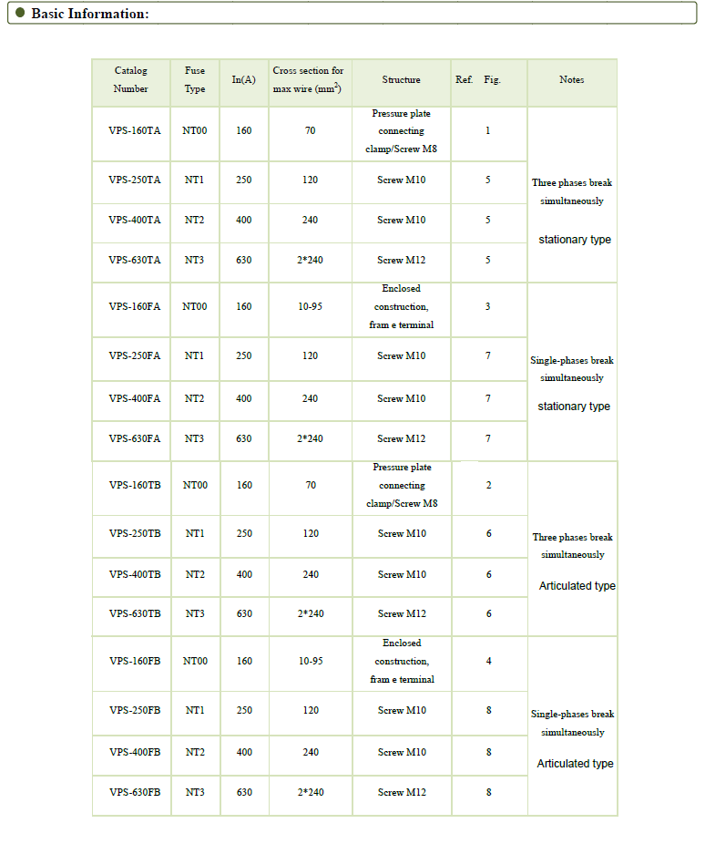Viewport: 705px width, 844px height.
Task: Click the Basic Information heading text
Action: tap(89, 14)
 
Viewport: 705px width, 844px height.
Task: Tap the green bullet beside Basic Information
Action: tap(20, 13)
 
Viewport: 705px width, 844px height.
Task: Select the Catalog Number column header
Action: tap(130, 79)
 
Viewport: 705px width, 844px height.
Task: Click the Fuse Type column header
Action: tap(195, 79)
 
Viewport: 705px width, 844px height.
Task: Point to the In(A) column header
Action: tap(243, 79)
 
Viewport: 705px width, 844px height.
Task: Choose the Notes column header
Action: tap(572, 79)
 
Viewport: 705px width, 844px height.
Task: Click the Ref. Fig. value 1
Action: tap(487, 130)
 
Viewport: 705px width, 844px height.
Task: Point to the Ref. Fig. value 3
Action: tap(487, 306)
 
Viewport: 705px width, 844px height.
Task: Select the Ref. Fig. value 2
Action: tap(488, 485)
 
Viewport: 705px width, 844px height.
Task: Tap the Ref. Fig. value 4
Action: tap(488, 661)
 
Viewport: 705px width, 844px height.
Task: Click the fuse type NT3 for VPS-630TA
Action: tap(194, 260)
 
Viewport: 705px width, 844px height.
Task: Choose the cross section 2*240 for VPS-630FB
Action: tap(311, 792)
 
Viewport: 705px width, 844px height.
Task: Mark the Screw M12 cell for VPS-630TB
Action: tap(402, 613)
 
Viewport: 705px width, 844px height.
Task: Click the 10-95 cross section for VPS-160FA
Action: tap(310, 306)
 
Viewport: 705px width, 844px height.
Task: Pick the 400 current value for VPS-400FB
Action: tap(244, 752)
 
